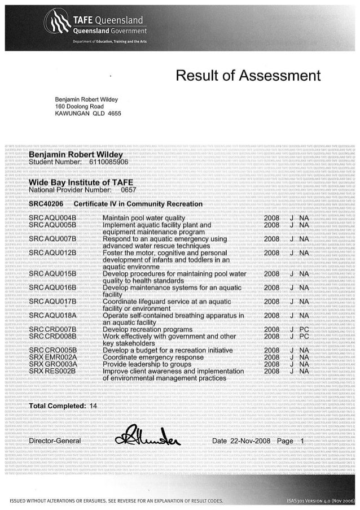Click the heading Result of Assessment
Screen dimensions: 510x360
click(248, 76)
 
